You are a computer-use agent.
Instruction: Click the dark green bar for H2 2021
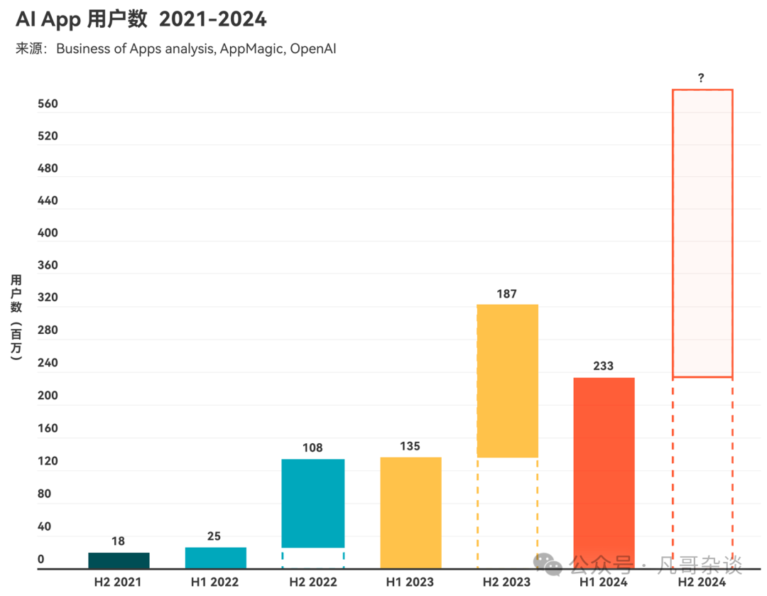tap(119, 560)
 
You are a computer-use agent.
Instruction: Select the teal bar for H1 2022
tap(215, 558)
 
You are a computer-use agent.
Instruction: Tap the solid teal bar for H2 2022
tap(312, 503)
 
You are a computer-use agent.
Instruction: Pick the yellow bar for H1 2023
tap(410, 512)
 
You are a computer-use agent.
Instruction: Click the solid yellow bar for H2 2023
tap(507, 381)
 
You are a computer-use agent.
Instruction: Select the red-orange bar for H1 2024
tap(604, 472)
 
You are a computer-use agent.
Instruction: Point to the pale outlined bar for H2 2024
tap(702, 233)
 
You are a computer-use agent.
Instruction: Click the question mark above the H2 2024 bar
tap(701, 77)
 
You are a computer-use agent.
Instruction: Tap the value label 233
tap(604, 366)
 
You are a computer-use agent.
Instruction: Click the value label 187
tap(507, 293)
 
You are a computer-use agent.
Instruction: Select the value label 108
tap(312, 448)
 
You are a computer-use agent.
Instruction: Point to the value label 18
tap(118, 541)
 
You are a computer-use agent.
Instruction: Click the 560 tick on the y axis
tap(48, 104)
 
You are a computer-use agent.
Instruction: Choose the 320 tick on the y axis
tap(48, 298)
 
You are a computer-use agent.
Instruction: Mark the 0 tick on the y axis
tap(41, 559)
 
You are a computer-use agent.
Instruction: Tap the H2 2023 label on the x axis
tap(506, 582)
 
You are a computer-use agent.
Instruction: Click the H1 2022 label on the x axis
tap(214, 582)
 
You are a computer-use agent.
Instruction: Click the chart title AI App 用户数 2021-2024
tap(141, 19)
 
